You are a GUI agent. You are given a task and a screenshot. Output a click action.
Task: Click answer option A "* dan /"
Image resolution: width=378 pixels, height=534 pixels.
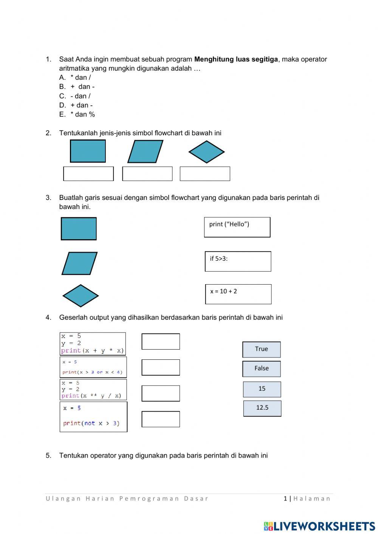[80, 77]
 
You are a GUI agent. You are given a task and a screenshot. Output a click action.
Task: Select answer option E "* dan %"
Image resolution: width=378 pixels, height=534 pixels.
[82, 114]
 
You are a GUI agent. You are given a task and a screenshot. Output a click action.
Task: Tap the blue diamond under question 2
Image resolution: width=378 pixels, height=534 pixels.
[206, 152]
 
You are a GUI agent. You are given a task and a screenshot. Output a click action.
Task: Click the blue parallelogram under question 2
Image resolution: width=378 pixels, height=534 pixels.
[145, 152]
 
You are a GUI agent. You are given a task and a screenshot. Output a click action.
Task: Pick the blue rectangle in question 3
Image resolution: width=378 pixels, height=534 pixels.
[79, 229]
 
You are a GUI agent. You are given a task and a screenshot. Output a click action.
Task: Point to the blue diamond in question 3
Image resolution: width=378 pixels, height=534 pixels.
[81, 296]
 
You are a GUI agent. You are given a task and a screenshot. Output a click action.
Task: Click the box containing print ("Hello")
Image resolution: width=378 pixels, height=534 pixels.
[237, 227]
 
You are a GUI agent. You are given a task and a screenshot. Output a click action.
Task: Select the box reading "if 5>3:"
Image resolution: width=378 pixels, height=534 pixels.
[238, 261]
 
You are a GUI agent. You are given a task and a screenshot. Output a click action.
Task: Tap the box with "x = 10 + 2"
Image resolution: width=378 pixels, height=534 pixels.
[238, 294]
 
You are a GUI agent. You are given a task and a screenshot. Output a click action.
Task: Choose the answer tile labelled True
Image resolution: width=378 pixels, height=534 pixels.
[262, 349]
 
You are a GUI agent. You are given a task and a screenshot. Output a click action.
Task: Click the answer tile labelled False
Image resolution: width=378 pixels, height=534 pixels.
[262, 368]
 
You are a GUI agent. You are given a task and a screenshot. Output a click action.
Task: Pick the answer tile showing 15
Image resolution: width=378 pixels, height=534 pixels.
[262, 389]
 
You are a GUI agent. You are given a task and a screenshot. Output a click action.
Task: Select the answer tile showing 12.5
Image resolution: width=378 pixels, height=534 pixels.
[262, 408]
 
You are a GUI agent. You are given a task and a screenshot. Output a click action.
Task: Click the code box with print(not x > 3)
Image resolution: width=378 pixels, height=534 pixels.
[93, 416]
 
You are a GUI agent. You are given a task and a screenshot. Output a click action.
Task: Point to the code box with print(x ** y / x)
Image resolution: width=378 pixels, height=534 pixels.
[93, 389]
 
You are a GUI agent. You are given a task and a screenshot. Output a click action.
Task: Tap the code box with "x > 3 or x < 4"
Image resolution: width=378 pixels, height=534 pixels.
[93, 367]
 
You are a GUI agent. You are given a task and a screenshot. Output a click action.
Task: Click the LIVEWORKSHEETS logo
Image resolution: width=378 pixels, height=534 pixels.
[319, 526]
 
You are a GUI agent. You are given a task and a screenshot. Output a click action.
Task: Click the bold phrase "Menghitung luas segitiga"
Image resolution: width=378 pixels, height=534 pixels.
[236, 59]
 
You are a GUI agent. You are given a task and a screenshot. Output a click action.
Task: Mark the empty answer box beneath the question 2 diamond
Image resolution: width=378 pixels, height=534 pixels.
[205, 174]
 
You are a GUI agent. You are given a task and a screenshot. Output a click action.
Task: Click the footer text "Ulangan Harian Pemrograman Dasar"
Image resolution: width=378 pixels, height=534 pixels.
[127, 498]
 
